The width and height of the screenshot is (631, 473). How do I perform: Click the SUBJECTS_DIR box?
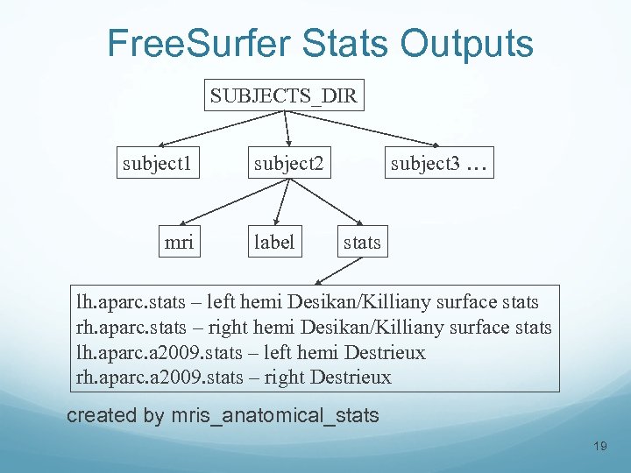[x=284, y=95]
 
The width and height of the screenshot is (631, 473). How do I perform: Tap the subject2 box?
[x=288, y=163]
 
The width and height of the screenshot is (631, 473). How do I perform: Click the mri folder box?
[x=179, y=242]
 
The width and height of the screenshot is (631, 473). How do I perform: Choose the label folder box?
[x=273, y=242]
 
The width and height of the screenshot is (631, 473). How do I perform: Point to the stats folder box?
[x=362, y=242]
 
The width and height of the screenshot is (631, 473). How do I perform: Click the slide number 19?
[x=600, y=447]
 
